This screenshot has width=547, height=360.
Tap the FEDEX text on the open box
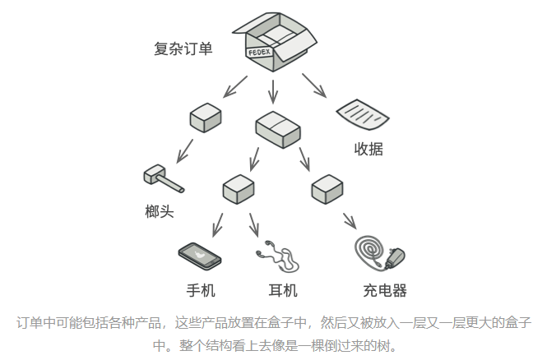[260, 52]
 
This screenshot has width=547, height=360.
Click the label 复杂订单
[183, 49]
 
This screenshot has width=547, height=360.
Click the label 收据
[369, 149]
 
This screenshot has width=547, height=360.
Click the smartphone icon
[200, 256]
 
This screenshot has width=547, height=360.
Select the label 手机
[200, 290]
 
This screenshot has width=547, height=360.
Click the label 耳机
[283, 290]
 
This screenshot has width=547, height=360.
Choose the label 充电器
[385, 290]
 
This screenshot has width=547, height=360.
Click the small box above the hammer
[205, 118]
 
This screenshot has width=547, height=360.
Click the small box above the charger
[327, 190]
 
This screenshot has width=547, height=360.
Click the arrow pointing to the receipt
[314, 85]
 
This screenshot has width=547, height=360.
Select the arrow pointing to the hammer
[184, 150]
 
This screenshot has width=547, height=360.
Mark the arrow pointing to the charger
[349, 220]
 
